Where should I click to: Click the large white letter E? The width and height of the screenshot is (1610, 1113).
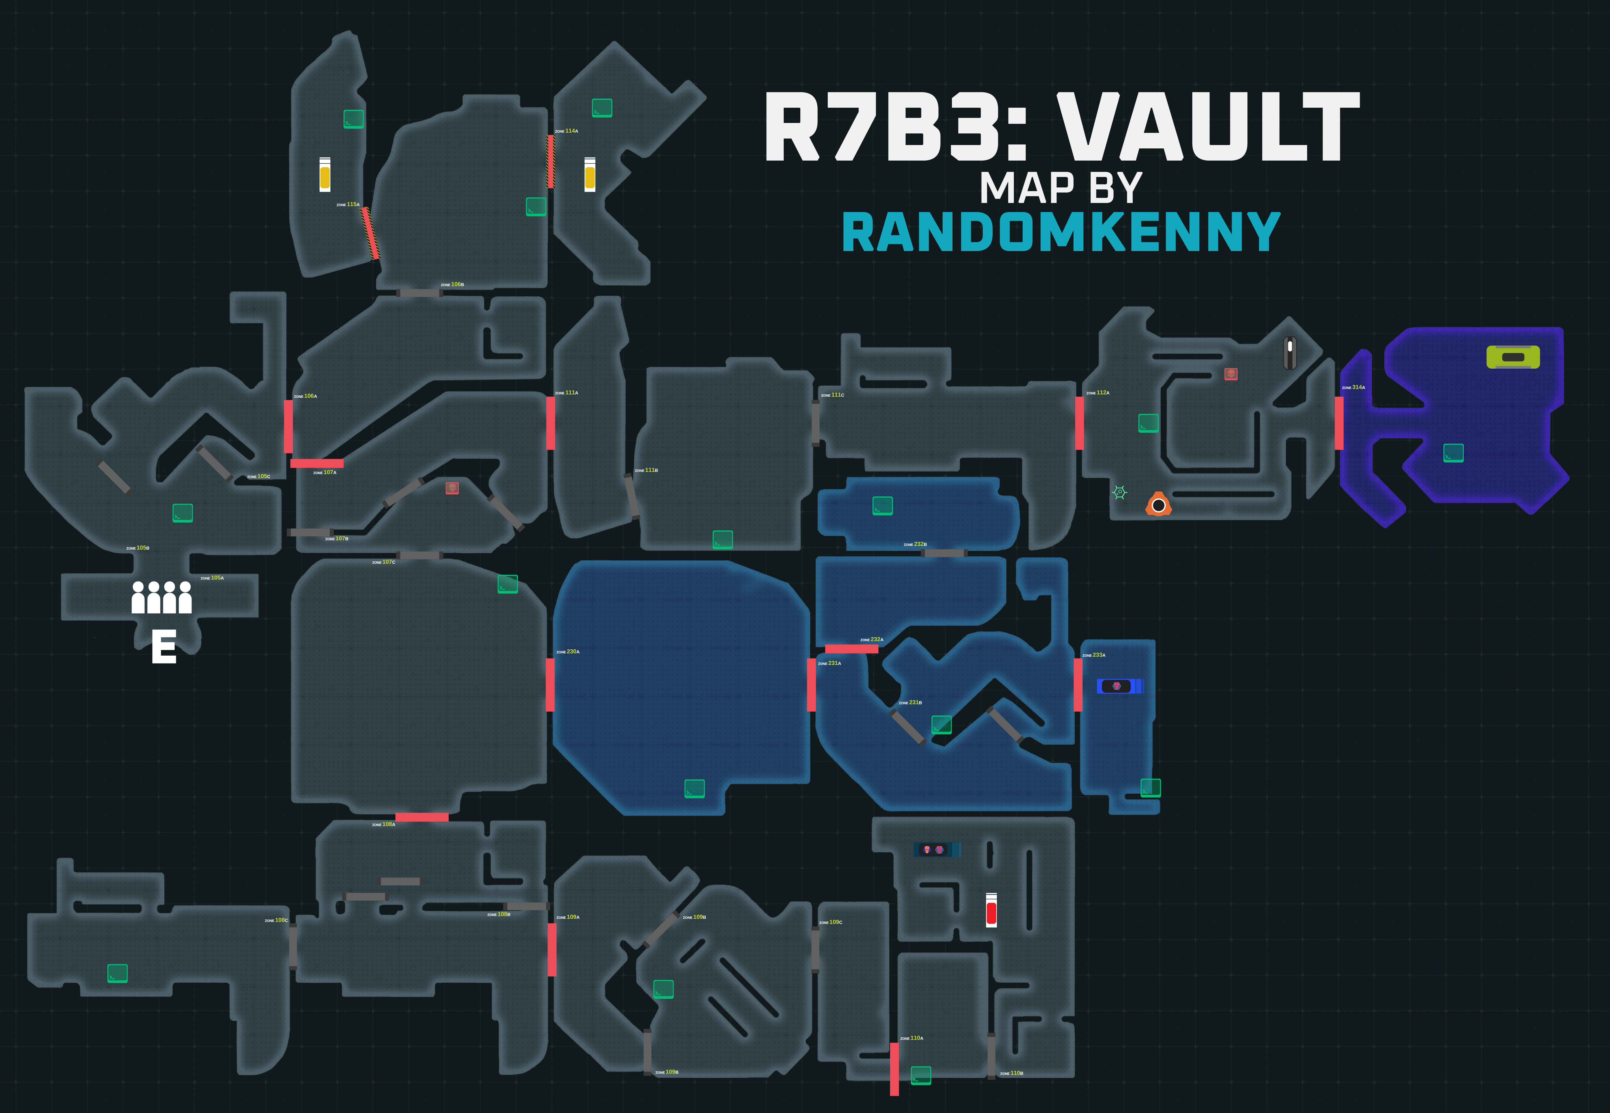click(164, 647)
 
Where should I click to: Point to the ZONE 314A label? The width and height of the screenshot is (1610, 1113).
click(1353, 388)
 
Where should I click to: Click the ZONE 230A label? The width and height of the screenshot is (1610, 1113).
click(568, 652)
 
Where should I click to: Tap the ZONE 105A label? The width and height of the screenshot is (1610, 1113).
click(212, 578)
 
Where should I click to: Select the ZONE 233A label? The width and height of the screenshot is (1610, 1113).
click(1094, 656)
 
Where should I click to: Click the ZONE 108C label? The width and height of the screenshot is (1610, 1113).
click(276, 920)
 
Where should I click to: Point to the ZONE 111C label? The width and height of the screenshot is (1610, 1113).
click(832, 396)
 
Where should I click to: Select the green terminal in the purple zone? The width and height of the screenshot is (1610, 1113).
click(1453, 453)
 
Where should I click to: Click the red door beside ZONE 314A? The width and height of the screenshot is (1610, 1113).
click(1339, 423)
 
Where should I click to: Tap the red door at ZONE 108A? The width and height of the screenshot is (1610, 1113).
click(421, 817)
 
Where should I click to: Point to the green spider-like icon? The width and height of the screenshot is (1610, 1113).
click(1119, 492)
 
